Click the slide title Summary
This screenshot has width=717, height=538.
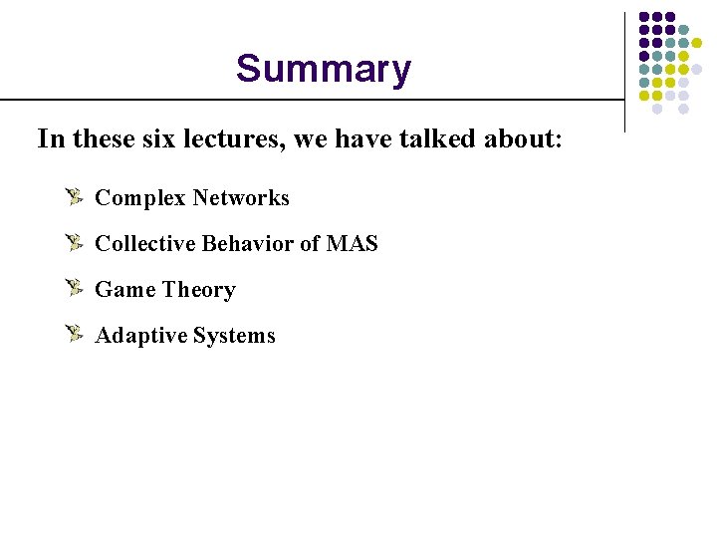tap(323, 69)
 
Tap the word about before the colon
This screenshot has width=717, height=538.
tap(519, 138)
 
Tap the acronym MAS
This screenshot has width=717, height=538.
tap(353, 244)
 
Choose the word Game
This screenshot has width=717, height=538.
tap(125, 290)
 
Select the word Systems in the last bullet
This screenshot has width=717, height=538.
tap(235, 336)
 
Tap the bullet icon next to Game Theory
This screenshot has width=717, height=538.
tap(75, 288)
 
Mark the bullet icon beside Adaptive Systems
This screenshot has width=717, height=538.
tap(75, 334)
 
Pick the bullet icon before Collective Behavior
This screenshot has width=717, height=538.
tap(75, 242)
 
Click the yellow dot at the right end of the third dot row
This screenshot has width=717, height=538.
tap(697, 44)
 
